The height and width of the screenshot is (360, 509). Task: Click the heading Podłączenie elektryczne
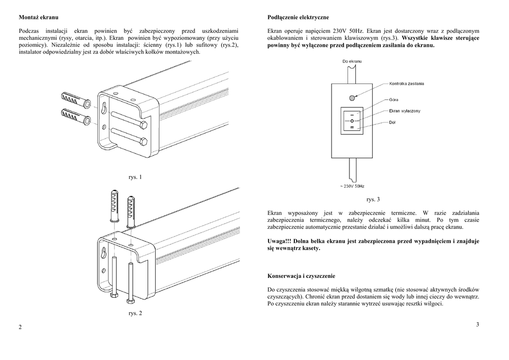coord(298,17)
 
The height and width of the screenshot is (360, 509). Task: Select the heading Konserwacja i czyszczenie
coord(301,275)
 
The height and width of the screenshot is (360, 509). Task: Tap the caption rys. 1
coord(135,177)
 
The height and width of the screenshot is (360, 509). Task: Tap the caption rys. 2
coord(135,313)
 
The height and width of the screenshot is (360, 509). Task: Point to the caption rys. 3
coord(373,199)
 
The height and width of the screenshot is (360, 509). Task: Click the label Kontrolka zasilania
coord(407,84)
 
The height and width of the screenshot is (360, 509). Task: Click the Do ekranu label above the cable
coord(352,61)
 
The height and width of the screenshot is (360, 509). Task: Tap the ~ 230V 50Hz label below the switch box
coord(352,186)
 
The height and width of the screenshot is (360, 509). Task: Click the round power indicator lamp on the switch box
coord(352,98)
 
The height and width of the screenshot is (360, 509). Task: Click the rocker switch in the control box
coord(352,121)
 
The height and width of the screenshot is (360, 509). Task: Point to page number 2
coord(20,327)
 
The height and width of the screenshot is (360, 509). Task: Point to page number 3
coord(477,325)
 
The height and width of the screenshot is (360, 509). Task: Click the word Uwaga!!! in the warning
coord(280,241)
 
